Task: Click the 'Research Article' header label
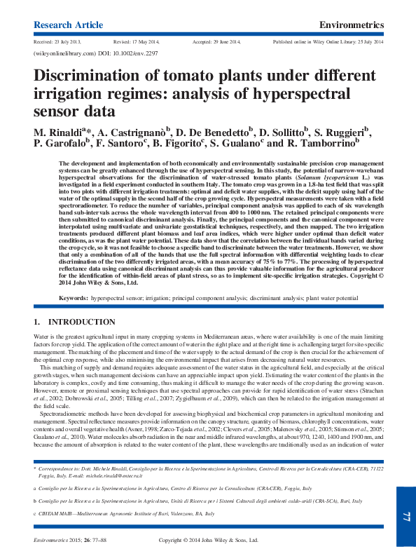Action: (x=68, y=25)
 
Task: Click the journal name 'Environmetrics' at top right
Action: (x=351, y=25)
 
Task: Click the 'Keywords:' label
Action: (x=73, y=298)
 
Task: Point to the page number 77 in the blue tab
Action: (x=405, y=517)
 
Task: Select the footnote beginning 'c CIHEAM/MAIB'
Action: (x=126, y=514)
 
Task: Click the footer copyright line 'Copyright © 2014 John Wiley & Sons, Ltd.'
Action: (x=209, y=540)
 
